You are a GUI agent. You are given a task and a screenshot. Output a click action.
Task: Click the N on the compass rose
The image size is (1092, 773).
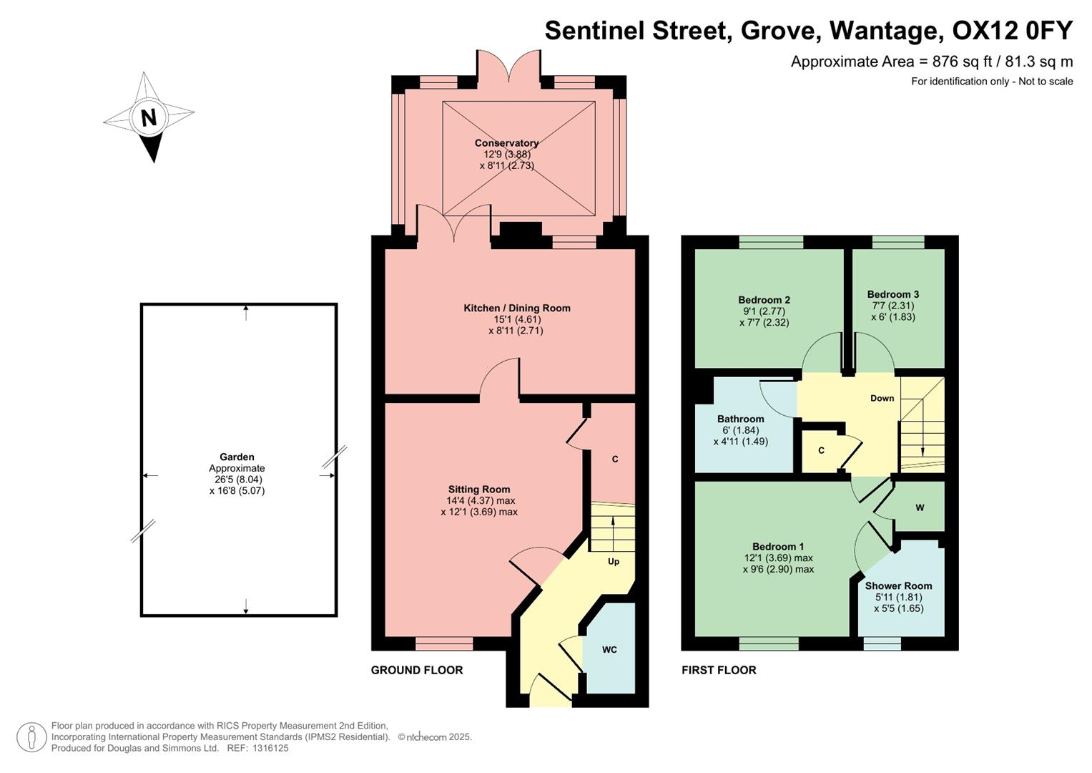pyautogui.click(x=149, y=117)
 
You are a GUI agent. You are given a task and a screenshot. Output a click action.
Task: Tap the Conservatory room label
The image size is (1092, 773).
pyautogui.click(x=506, y=143)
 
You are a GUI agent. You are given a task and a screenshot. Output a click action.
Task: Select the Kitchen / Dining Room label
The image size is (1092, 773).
pyautogui.click(x=517, y=308)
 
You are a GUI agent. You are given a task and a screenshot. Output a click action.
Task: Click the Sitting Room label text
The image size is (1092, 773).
pyautogui.click(x=479, y=490)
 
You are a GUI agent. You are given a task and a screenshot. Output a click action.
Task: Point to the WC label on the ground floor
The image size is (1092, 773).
pyautogui.click(x=609, y=650)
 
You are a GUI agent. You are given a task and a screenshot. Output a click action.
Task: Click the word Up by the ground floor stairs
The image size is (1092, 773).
pyautogui.click(x=614, y=562)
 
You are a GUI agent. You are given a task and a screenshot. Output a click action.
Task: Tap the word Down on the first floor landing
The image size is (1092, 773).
pyautogui.click(x=882, y=399)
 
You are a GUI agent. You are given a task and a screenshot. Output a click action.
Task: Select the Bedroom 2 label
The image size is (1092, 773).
pyautogui.click(x=764, y=300)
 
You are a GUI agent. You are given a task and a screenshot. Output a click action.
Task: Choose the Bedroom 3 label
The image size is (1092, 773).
pyautogui.click(x=893, y=294)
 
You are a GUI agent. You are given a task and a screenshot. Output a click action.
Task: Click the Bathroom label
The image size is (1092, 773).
pyautogui.click(x=740, y=419)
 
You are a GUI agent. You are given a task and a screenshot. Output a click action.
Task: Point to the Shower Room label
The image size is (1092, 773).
pyautogui.click(x=898, y=585)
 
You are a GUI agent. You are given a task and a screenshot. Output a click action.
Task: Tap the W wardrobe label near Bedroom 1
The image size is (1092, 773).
pyautogui.click(x=920, y=507)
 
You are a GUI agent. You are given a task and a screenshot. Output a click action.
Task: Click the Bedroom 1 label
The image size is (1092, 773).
pyautogui.click(x=778, y=547)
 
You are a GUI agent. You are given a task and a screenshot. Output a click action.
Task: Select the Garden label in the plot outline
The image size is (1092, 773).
pyautogui.click(x=237, y=457)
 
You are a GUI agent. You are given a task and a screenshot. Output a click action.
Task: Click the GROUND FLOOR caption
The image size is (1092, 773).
pyautogui.click(x=417, y=671)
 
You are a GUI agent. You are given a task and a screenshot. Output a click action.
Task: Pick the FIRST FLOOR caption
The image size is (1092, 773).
pyautogui.click(x=719, y=671)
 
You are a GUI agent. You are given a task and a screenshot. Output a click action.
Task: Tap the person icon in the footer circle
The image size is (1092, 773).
pyautogui.click(x=31, y=737)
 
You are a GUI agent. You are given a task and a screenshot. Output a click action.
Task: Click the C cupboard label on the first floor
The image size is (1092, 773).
pyautogui.click(x=821, y=451)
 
